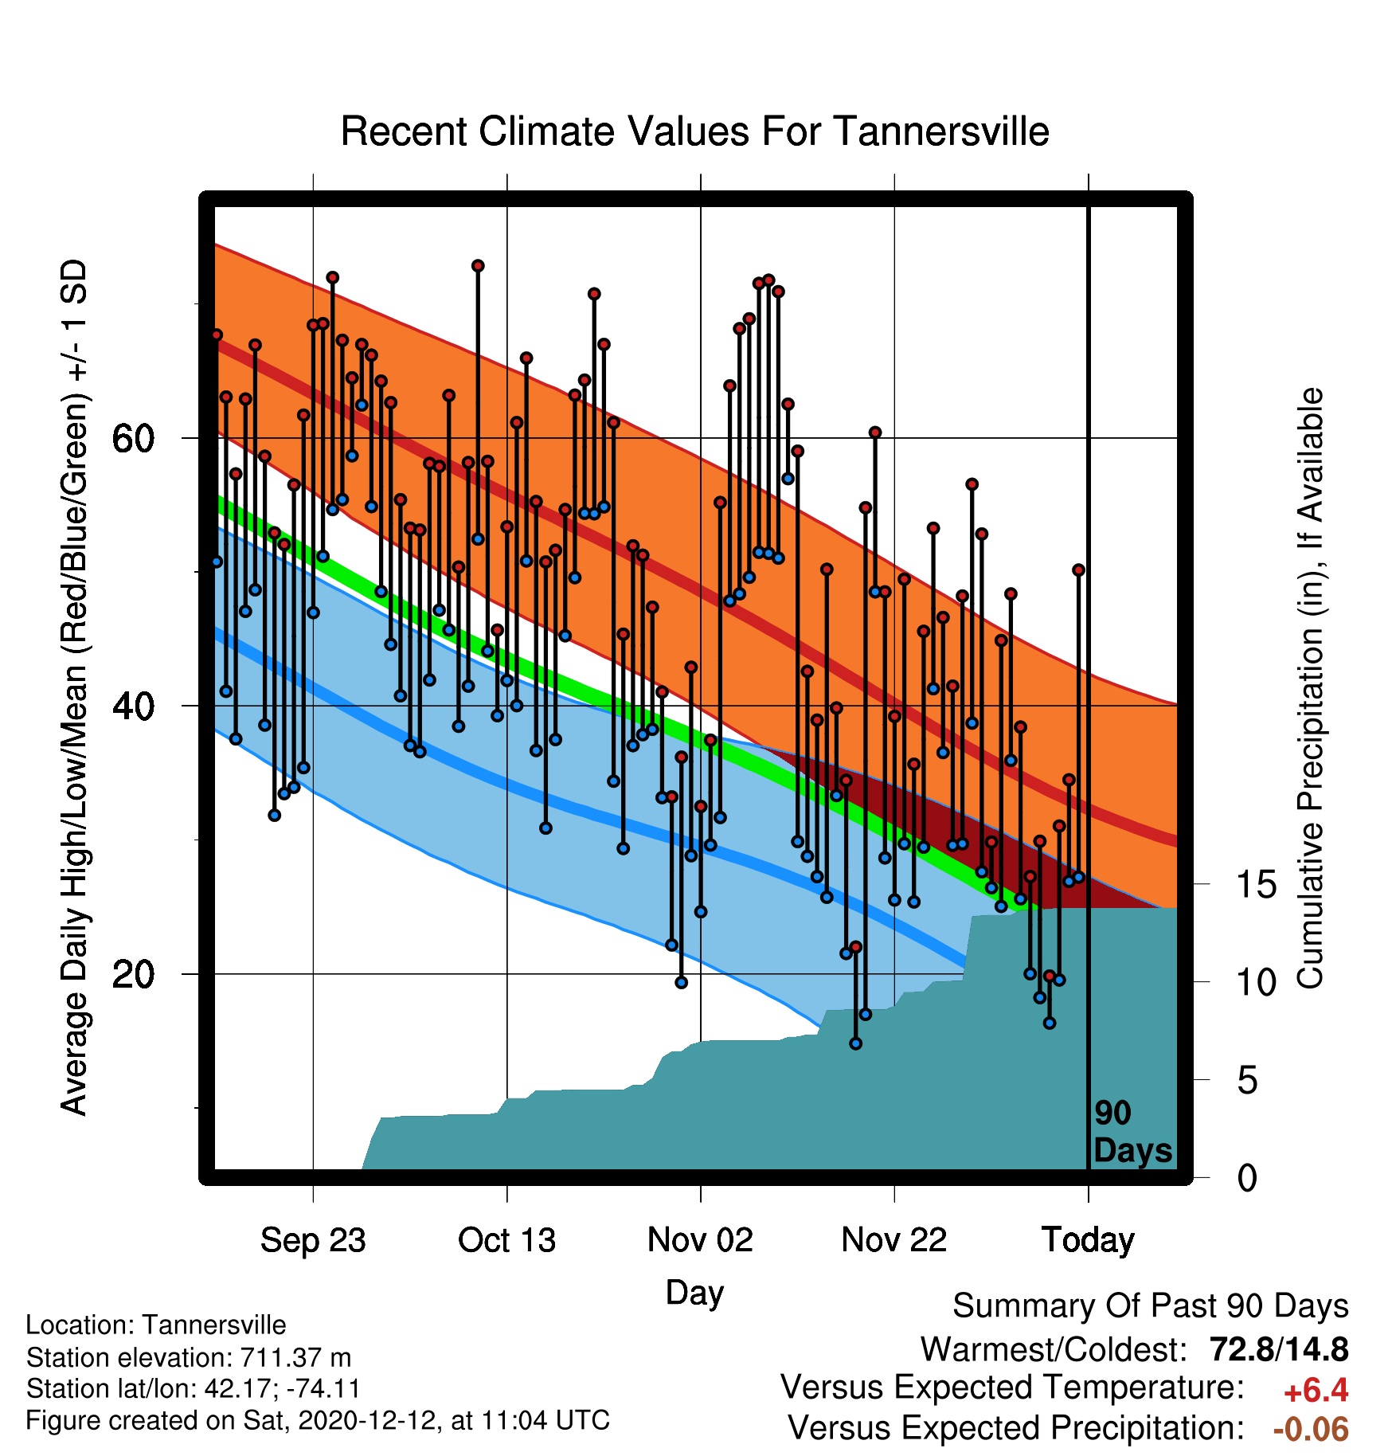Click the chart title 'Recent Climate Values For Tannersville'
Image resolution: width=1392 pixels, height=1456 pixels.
pyautogui.click(x=694, y=131)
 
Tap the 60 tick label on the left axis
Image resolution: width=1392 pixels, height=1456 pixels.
pyautogui.click(x=133, y=438)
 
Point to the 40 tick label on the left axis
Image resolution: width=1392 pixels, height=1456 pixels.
pyautogui.click(x=133, y=706)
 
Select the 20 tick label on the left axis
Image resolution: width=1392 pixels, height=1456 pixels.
pyautogui.click(x=133, y=973)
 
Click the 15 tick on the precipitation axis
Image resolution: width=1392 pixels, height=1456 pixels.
pyautogui.click(x=1256, y=884)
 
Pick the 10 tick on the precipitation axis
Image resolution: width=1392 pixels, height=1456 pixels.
pyautogui.click(x=1256, y=982)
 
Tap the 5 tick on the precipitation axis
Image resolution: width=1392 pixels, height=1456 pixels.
pyautogui.click(x=1247, y=1080)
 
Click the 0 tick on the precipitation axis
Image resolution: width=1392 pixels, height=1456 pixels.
pyautogui.click(x=1247, y=1177)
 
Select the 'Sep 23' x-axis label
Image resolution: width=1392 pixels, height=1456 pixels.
pyautogui.click(x=313, y=1240)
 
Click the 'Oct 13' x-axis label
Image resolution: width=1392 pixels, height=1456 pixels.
pyautogui.click(x=506, y=1240)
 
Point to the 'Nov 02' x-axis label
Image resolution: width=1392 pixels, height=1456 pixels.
pyautogui.click(x=700, y=1240)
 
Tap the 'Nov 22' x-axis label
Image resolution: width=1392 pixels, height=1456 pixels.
pyautogui.click(x=894, y=1240)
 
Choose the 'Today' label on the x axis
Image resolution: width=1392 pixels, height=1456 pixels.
pyautogui.click(x=1088, y=1240)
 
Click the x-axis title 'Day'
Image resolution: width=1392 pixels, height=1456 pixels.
pyautogui.click(x=694, y=1293)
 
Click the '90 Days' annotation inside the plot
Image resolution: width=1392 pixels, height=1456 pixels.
pyautogui.click(x=1132, y=1132)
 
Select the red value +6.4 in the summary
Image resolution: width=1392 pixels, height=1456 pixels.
pyautogui.click(x=1316, y=1391)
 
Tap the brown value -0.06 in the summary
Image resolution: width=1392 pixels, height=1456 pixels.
pyautogui.click(x=1311, y=1429)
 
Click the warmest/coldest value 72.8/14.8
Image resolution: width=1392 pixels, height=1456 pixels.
pyautogui.click(x=1279, y=1349)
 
